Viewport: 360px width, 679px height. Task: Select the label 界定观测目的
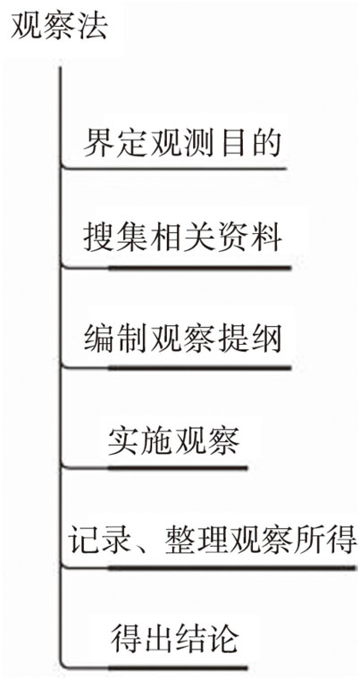(x=182, y=144)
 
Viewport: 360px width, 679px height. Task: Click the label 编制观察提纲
(x=182, y=338)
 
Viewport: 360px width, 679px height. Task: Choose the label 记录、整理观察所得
(x=213, y=540)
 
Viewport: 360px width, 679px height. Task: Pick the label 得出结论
(x=174, y=637)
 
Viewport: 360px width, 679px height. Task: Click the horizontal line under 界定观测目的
(x=175, y=168)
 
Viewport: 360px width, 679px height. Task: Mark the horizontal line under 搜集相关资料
(x=178, y=268)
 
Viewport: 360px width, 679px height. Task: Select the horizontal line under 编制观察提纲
(x=178, y=368)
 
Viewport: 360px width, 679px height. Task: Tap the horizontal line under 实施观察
(x=156, y=467)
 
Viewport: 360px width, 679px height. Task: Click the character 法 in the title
(x=94, y=27)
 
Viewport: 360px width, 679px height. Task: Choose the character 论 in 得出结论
(x=225, y=637)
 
